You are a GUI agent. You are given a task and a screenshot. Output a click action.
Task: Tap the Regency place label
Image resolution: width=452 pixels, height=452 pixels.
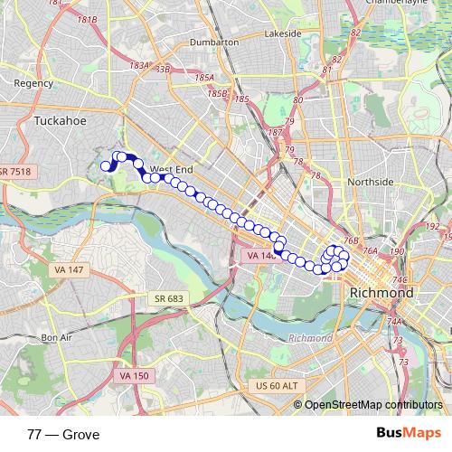(33, 82)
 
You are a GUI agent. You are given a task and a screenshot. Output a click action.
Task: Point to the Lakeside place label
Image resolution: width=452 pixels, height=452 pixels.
(282, 33)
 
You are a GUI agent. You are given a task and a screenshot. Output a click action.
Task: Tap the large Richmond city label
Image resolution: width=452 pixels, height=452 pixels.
(381, 294)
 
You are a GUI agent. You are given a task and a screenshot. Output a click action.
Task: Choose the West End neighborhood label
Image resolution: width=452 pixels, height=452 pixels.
(172, 169)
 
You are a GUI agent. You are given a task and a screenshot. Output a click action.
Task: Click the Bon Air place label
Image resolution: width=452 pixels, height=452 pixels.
(55, 338)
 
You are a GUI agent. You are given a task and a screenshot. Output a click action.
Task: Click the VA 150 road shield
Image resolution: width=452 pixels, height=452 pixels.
(133, 375)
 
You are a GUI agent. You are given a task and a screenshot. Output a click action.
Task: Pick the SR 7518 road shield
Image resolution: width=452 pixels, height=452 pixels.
(16, 171)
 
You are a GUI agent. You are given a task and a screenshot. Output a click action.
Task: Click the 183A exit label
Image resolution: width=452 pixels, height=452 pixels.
(139, 65)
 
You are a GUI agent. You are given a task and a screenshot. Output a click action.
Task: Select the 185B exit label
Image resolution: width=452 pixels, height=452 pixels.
(217, 93)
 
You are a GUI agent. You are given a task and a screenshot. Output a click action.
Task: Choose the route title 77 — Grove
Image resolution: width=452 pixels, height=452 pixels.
(63, 434)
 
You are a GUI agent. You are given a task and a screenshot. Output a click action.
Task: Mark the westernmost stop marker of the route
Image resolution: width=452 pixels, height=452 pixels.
(106, 165)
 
